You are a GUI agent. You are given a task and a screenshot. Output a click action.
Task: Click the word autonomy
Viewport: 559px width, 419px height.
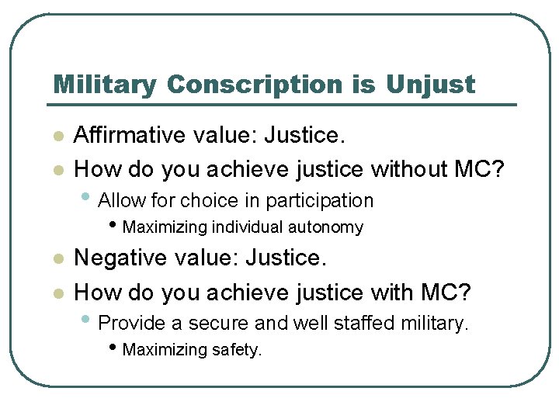click(x=326, y=227)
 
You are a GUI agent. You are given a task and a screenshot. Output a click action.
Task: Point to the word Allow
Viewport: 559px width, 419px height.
click(x=123, y=200)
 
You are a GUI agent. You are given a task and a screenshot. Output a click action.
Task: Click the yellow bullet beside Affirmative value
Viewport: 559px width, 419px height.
click(x=56, y=137)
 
